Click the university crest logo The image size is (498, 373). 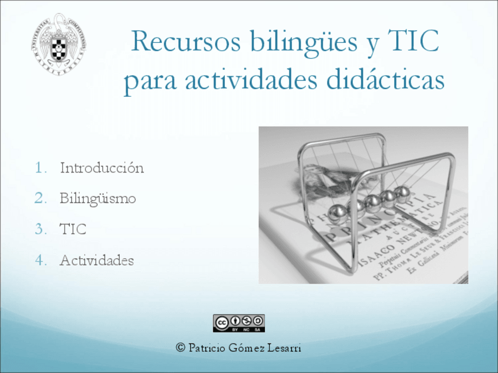point(58,45)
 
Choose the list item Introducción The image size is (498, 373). point(102,168)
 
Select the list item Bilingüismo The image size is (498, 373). point(97,198)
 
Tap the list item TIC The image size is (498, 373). point(73,229)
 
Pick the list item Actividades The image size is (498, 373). point(97,260)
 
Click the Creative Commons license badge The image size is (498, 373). point(238,323)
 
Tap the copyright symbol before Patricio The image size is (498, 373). point(181,348)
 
